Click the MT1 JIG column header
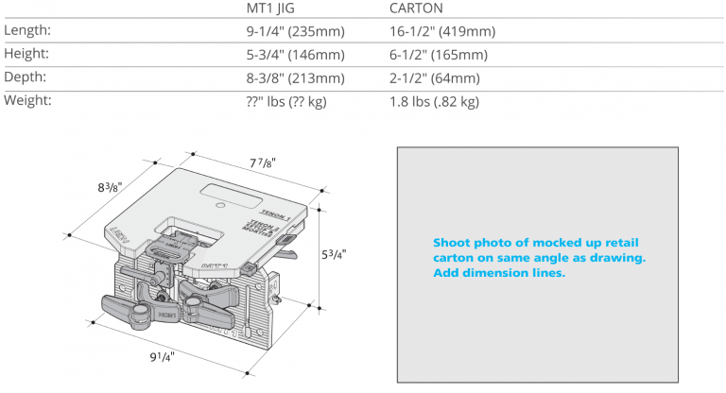click(x=272, y=9)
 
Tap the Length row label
click(x=27, y=31)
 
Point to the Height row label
click(x=26, y=54)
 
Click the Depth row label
click(x=26, y=77)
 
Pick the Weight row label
click(x=28, y=100)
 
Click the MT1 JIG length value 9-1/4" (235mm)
click(x=294, y=32)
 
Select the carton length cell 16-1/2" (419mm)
click(x=442, y=32)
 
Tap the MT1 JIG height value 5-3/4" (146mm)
click(x=294, y=55)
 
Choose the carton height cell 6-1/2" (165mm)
click(x=439, y=55)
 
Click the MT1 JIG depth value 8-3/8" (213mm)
click(x=294, y=77)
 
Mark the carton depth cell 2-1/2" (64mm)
click(x=435, y=77)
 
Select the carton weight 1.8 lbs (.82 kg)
click(x=434, y=101)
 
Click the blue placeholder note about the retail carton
click(x=538, y=258)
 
